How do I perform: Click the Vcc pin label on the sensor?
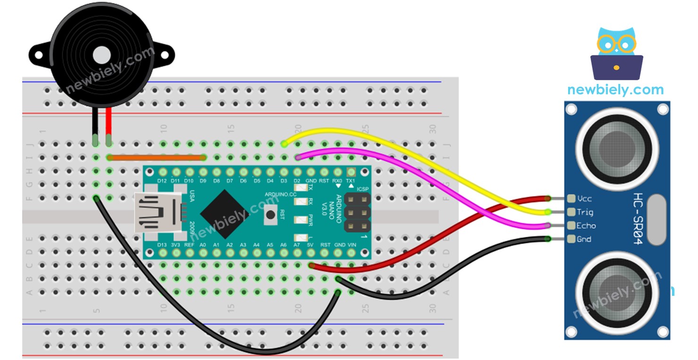click(x=584, y=199)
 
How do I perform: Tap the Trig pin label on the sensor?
click(x=585, y=212)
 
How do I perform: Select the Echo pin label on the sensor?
click(x=586, y=226)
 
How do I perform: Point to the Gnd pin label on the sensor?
click(x=584, y=239)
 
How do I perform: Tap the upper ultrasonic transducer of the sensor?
click(x=617, y=144)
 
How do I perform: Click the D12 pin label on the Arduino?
click(x=162, y=181)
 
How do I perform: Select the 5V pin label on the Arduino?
click(x=311, y=245)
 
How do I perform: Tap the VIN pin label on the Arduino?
click(x=352, y=245)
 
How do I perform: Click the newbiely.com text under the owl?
click(x=615, y=90)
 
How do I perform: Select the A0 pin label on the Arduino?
click(x=203, y=245)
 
